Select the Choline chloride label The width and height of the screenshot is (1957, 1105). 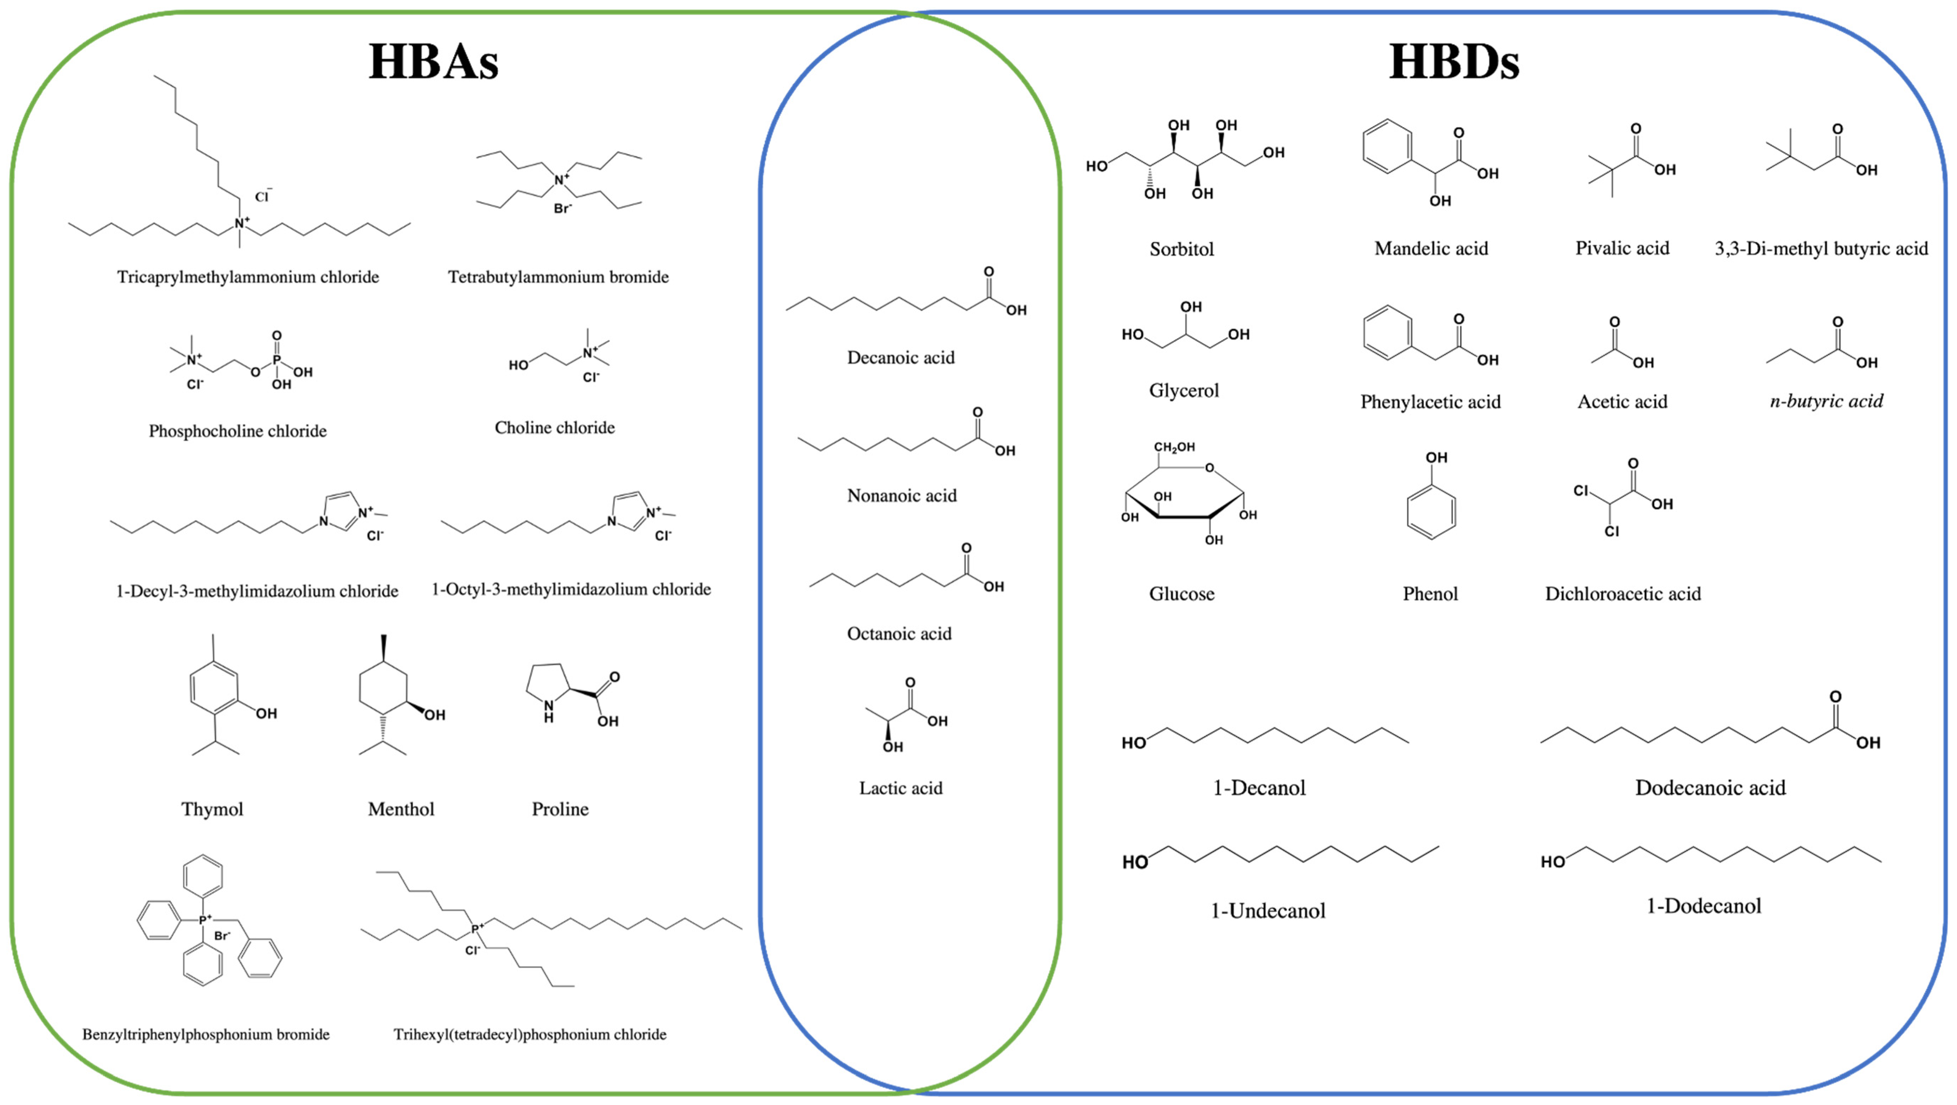(555, 428)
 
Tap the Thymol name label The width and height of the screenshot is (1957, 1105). (212, 809)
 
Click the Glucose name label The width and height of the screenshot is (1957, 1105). (1181, 594)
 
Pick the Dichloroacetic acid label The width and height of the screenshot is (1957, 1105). (1623, 594)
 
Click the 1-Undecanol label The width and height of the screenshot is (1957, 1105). (1267, 911)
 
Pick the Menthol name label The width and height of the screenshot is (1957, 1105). (401, 809)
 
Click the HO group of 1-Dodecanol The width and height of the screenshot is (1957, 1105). (1552, 862)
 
